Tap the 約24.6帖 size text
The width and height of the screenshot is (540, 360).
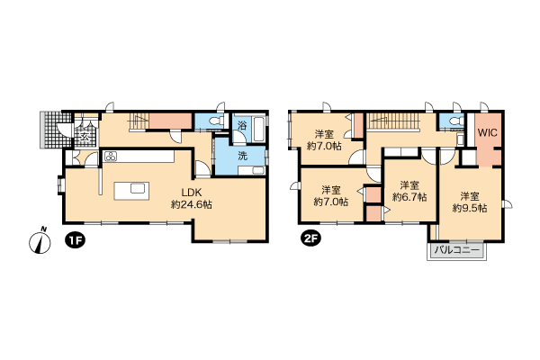point(192,204)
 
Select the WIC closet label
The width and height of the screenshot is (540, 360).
point(488,132)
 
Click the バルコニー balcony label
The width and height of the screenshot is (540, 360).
point(456,250)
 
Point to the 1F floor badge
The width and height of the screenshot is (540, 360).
point(75,240)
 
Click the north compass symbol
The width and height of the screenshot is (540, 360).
point(40,240)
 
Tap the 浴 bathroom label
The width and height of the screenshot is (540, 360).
point(242,125)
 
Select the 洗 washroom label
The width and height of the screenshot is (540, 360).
point(243,156)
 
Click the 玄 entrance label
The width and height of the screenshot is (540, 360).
point(85,137)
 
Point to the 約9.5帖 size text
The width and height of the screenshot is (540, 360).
point(470,208)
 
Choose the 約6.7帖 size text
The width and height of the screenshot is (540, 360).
point(409,197)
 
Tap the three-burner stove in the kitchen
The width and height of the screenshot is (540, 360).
point(111,156)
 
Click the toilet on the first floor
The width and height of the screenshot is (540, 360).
point(217,121)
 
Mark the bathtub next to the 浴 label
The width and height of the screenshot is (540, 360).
point(258,130)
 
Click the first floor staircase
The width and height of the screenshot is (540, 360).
point(139,121)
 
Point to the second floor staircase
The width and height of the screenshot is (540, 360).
point(393,121)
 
